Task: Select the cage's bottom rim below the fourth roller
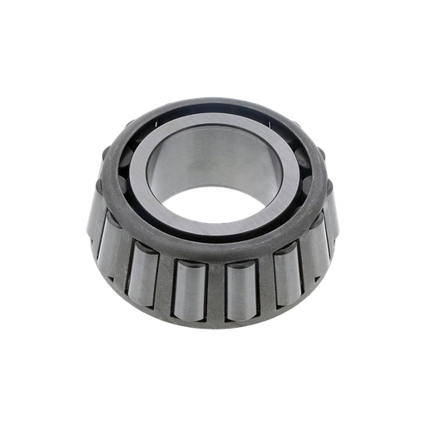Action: coord(240,321)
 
